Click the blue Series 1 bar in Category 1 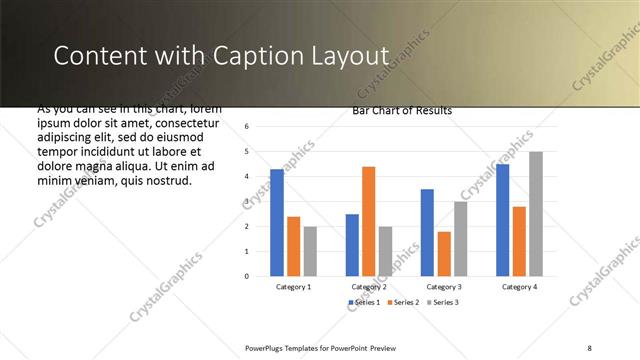point(277,223)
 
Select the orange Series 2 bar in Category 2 point(368,221)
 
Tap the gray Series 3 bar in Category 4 point(536,214)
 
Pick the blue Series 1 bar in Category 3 point(427,232)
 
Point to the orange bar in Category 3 point(444,254)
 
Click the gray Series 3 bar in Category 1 point(310,251)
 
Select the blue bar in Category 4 point(502,220)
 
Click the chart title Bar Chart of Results point(402,111)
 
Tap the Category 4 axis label point(519,287)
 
